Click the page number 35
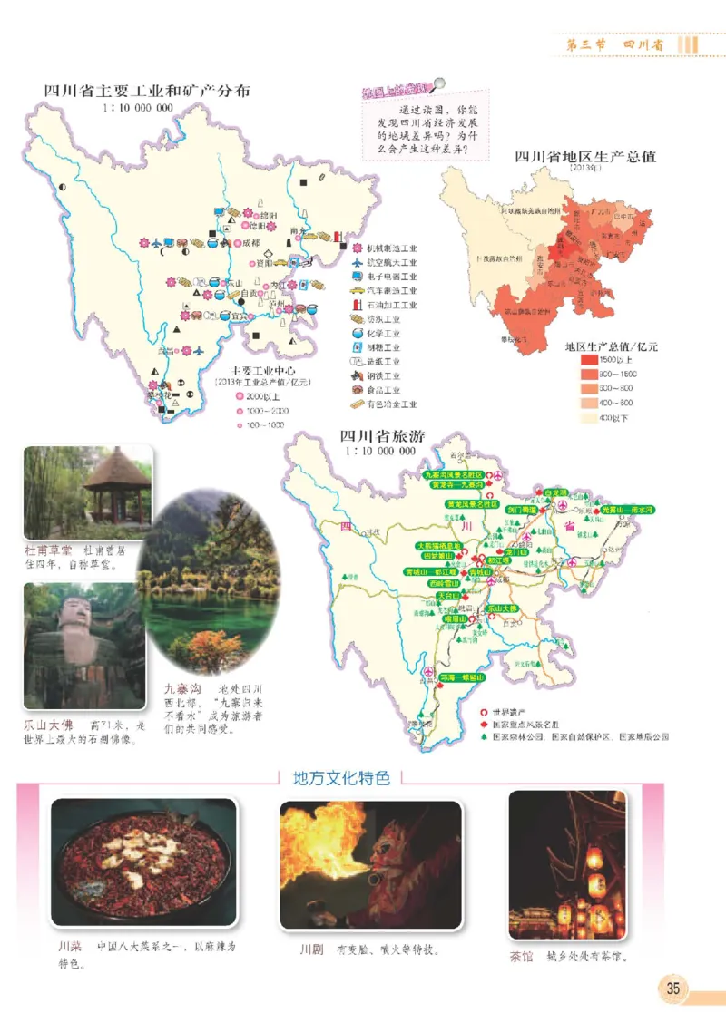click(x=673, y=988)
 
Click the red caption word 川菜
click(x=70, y=947)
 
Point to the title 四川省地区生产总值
click(x=584, y=156)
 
